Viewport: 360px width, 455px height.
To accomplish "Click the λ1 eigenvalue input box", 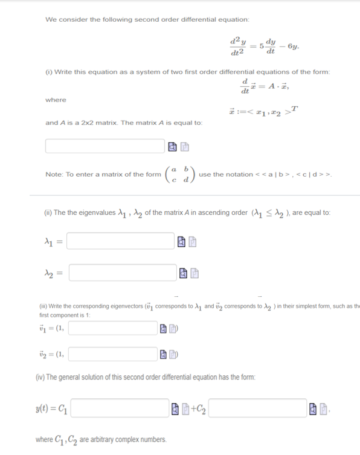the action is pyautogui.click(x=121, y=241).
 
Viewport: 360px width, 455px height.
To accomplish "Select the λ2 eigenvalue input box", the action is pyautogui.click(x=121, y=275).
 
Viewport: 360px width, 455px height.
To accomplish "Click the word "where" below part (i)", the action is pyautogui.click(x=56, y=100).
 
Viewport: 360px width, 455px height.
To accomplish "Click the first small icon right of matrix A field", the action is pyautogui.click(x=172, y=147).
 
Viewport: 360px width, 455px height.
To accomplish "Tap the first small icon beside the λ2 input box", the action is pyautogui.click(x=181, y=275).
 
